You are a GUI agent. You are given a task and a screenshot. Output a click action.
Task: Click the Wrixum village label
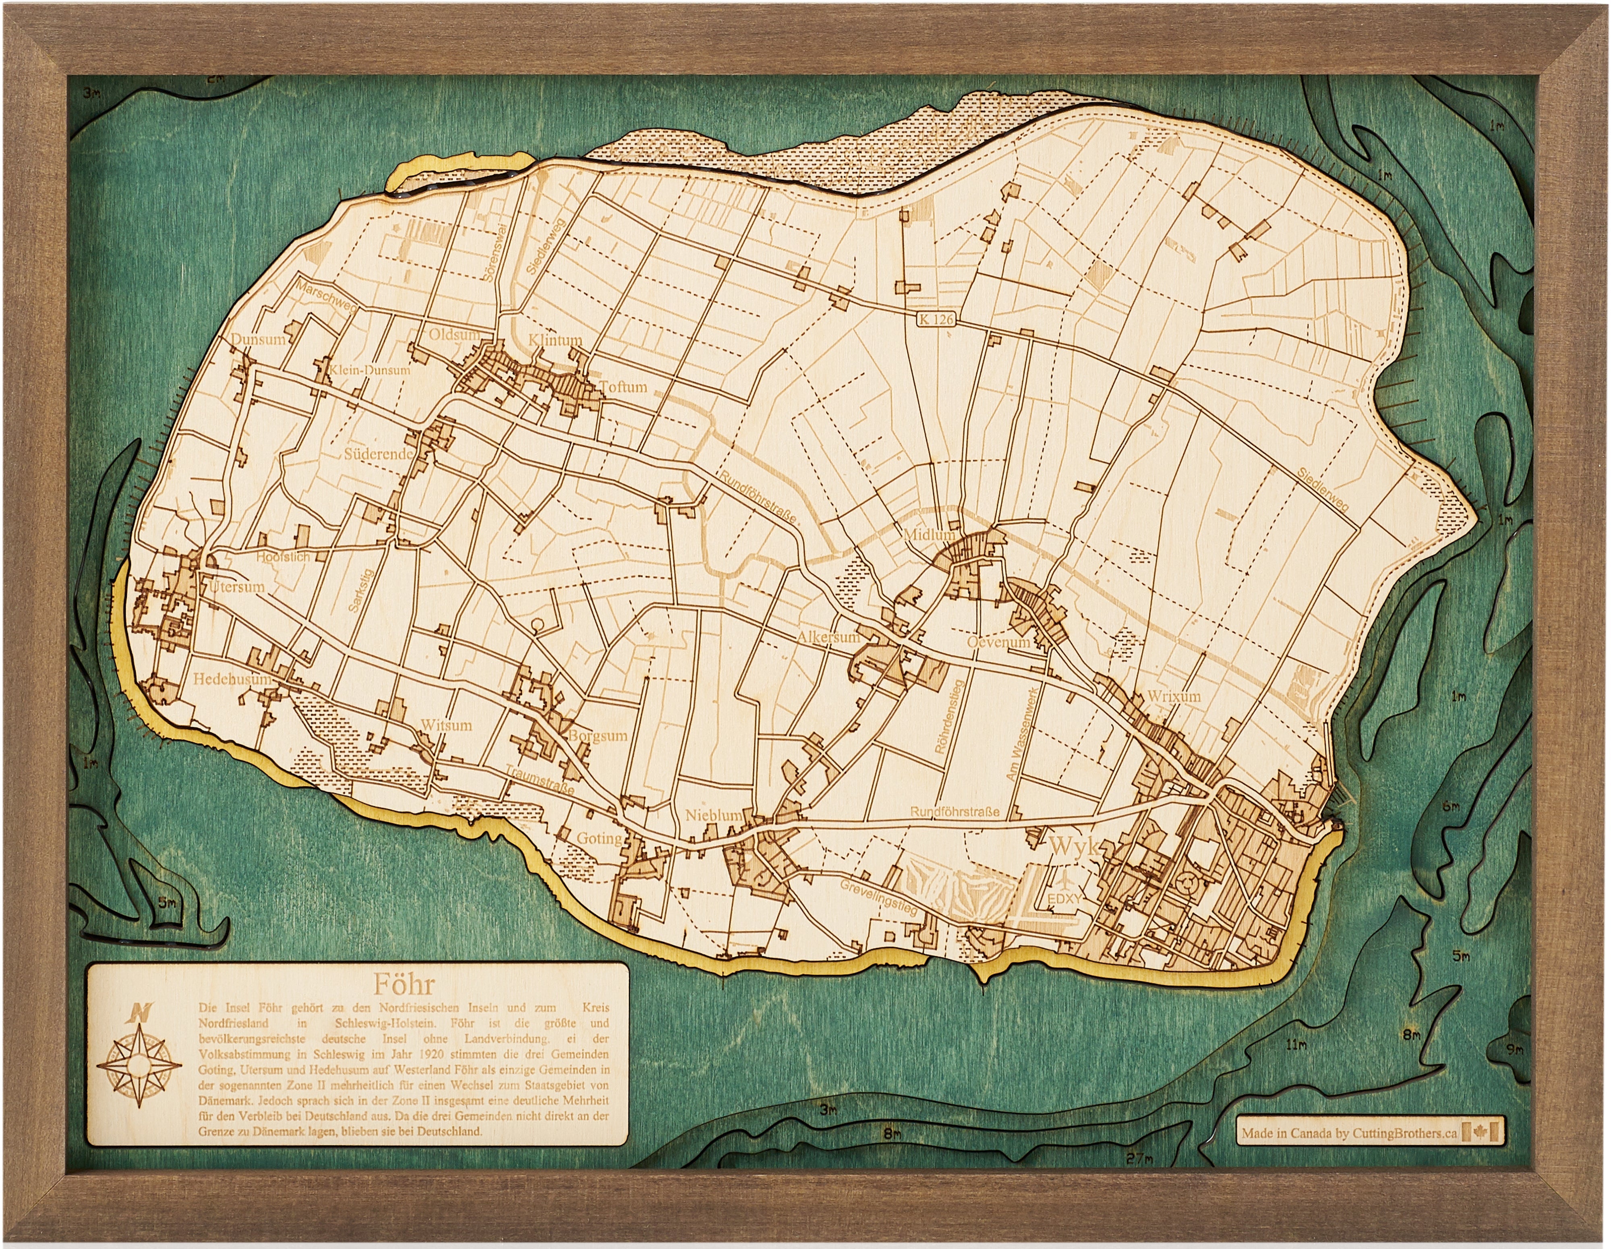pyautogui.click(x=1174, y=696)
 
